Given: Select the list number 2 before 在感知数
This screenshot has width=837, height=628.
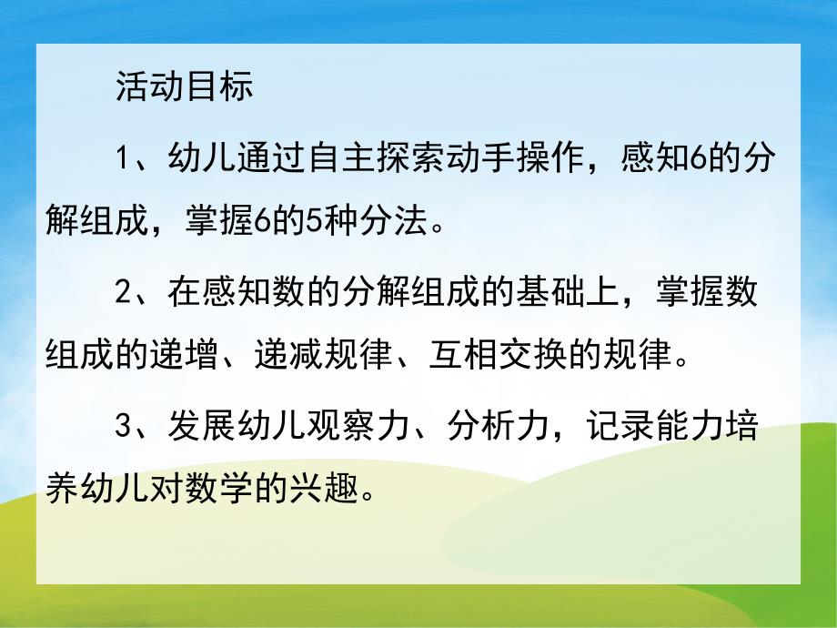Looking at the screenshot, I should pyautogui.click(x=126, y=292).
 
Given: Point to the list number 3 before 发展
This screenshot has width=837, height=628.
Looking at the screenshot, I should pyautogui.click(x=126, y=425).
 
